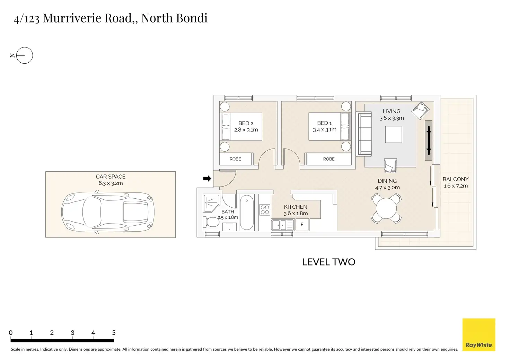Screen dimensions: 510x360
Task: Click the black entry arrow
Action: coord(207,179)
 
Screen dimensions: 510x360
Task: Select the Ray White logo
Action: coord(479,335)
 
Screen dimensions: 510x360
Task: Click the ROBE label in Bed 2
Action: coord(235,159)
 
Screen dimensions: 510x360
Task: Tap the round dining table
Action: coord(386,208)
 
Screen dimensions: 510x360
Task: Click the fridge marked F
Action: coord(302,225)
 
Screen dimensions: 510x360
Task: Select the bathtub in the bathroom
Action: coord(247,213)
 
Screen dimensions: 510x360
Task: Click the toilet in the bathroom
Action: coord(212,222)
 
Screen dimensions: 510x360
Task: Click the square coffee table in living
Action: coord(394,135)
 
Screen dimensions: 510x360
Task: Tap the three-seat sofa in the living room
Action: coord(364,134)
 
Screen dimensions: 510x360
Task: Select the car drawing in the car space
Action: coord(107,212)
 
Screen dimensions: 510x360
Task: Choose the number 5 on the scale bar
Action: coord(114,333)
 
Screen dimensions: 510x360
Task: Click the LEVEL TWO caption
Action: coord(329,262)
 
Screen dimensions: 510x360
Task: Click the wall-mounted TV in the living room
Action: coord(429,140)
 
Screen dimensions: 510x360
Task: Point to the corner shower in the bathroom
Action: coord(211,202)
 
